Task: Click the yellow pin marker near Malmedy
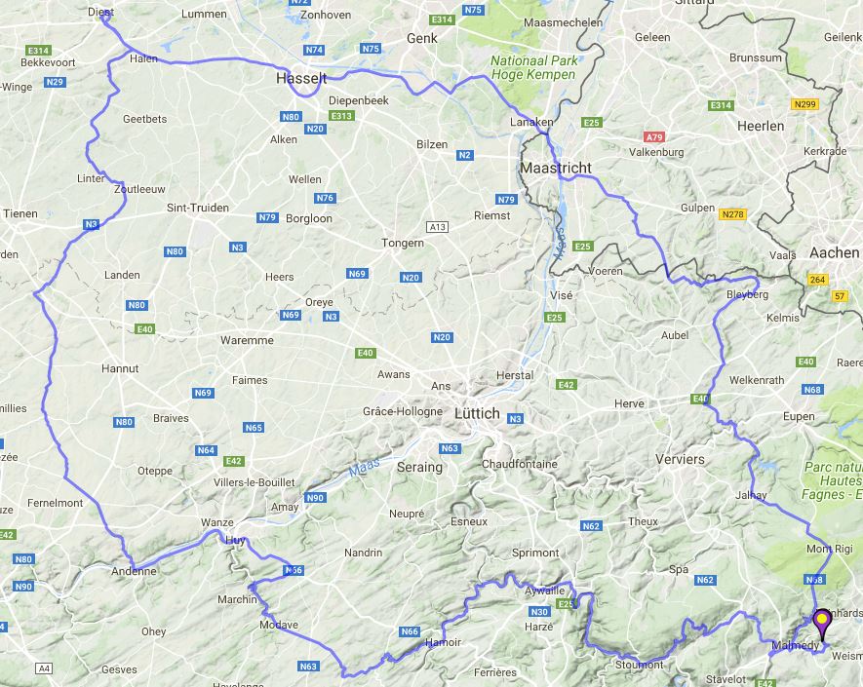coord(822,620)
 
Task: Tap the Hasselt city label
coord(301,78)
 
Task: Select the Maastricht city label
coord(556,168)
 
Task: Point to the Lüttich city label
coord(477,413)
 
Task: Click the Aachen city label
coord(834,252)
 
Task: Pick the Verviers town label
coord(680,459)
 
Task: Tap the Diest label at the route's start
coord(100,13)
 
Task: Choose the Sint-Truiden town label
coord(198,208)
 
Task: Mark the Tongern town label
coord(403,243)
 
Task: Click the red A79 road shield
coord(654,137)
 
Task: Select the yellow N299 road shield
coord(805,104)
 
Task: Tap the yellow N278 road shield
coord(731,213)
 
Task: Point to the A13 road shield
coord(437,227)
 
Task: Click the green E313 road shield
coord(341,115)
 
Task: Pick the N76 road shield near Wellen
coord(325,198)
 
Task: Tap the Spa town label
coord(679,569)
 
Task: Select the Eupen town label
coord(798,417)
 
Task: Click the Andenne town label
coord(134,571)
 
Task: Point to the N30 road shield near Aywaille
coord(539,612)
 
